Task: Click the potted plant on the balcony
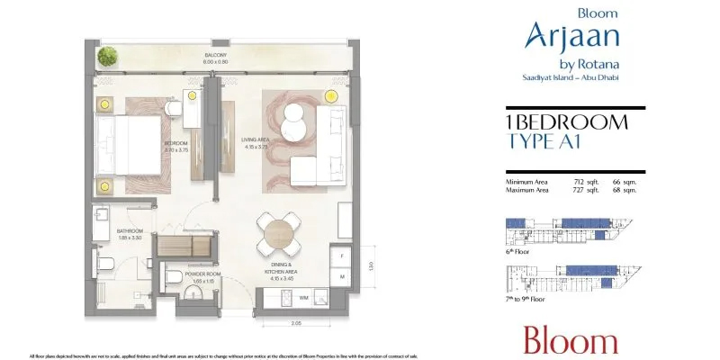point(108,57)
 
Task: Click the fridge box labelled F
point(342,256)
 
